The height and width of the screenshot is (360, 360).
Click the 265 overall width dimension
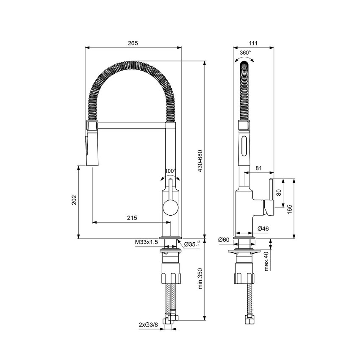(x=133, y=43)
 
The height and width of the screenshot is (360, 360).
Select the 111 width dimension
(x=254, y=43)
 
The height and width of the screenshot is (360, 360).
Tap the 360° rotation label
(x=245, y=53)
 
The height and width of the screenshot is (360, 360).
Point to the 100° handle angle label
(x=170, y=171)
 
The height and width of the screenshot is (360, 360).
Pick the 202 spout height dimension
(x=74, y=200)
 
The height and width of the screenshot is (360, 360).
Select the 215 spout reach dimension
(x=132, y=218)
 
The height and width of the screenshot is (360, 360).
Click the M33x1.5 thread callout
(x=147, y=242)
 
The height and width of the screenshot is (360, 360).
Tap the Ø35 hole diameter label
(x=191, y=244)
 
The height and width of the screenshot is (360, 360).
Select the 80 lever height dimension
(x=278, y=192)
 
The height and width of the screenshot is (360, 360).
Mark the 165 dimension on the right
(x=289, y=209)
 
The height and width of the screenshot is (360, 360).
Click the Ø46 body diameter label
(x=263, y=229)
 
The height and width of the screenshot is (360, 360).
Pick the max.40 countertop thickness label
(x=266, y=261)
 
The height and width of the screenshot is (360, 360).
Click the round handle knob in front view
(x=170, y=208)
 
